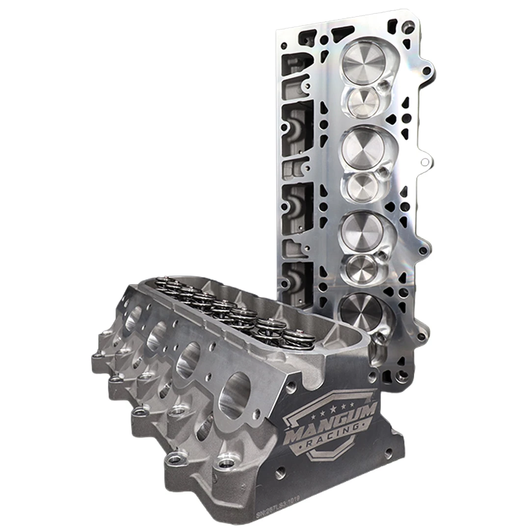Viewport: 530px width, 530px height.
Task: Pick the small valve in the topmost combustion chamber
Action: (364, 103)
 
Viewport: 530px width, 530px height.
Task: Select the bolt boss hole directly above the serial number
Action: (226, 464)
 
